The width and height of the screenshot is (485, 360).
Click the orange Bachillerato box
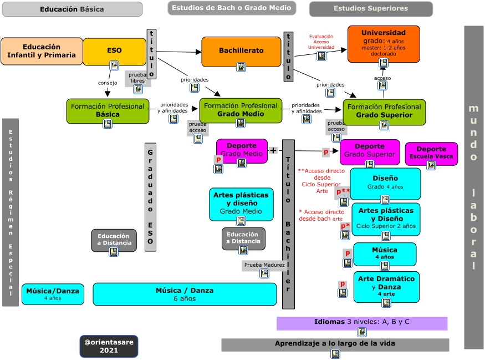[x=241, y=51]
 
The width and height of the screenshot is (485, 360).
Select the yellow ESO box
[x=114, y=51]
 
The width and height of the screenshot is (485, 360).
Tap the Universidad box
[x=384, y=43]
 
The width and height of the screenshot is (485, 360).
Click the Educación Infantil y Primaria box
[x=42, y=51]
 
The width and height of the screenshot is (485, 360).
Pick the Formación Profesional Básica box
[x=108, y=110]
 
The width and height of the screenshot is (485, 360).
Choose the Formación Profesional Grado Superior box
[x=384, y=111]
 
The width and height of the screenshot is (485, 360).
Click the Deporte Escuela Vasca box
[x=431, y=153]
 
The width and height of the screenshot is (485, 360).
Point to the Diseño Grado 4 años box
[x=385, y=182]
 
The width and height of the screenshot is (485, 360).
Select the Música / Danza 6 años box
[x=185, y=294]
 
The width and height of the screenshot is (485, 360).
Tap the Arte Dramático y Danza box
[x=386, y=286]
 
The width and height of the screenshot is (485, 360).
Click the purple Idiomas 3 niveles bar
[x=361, y=322]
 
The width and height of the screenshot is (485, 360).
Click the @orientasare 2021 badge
[x=109, y=346]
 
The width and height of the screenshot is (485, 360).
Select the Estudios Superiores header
[x=371, y=9]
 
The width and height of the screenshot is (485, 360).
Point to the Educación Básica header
[x=72, y=9]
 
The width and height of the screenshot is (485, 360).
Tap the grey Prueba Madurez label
[x=264, y=265]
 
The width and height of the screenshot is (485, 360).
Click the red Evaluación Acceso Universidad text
[x=321, y=42]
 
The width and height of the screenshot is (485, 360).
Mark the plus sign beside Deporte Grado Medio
[x=273, y=150]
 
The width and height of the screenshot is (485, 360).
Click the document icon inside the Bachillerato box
[x=241, y=67]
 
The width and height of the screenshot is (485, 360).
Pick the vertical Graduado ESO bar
[x=150, y=197]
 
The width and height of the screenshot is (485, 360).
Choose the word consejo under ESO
[x=108, y=83]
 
